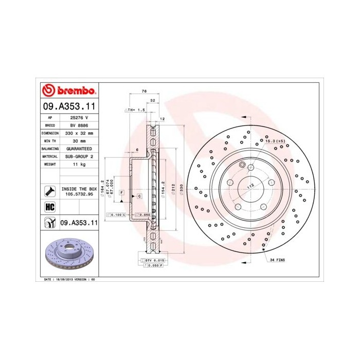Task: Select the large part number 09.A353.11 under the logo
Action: [x=69, y=107]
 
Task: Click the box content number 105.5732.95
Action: [x=79, y=194]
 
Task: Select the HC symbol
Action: [x=50, y=207]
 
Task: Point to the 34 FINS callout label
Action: [x=278, y=260]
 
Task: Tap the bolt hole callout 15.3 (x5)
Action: [x=275, y=140]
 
